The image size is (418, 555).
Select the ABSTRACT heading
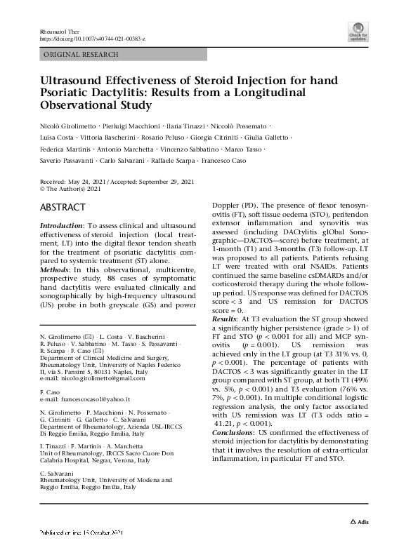click(x=63, y=208)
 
